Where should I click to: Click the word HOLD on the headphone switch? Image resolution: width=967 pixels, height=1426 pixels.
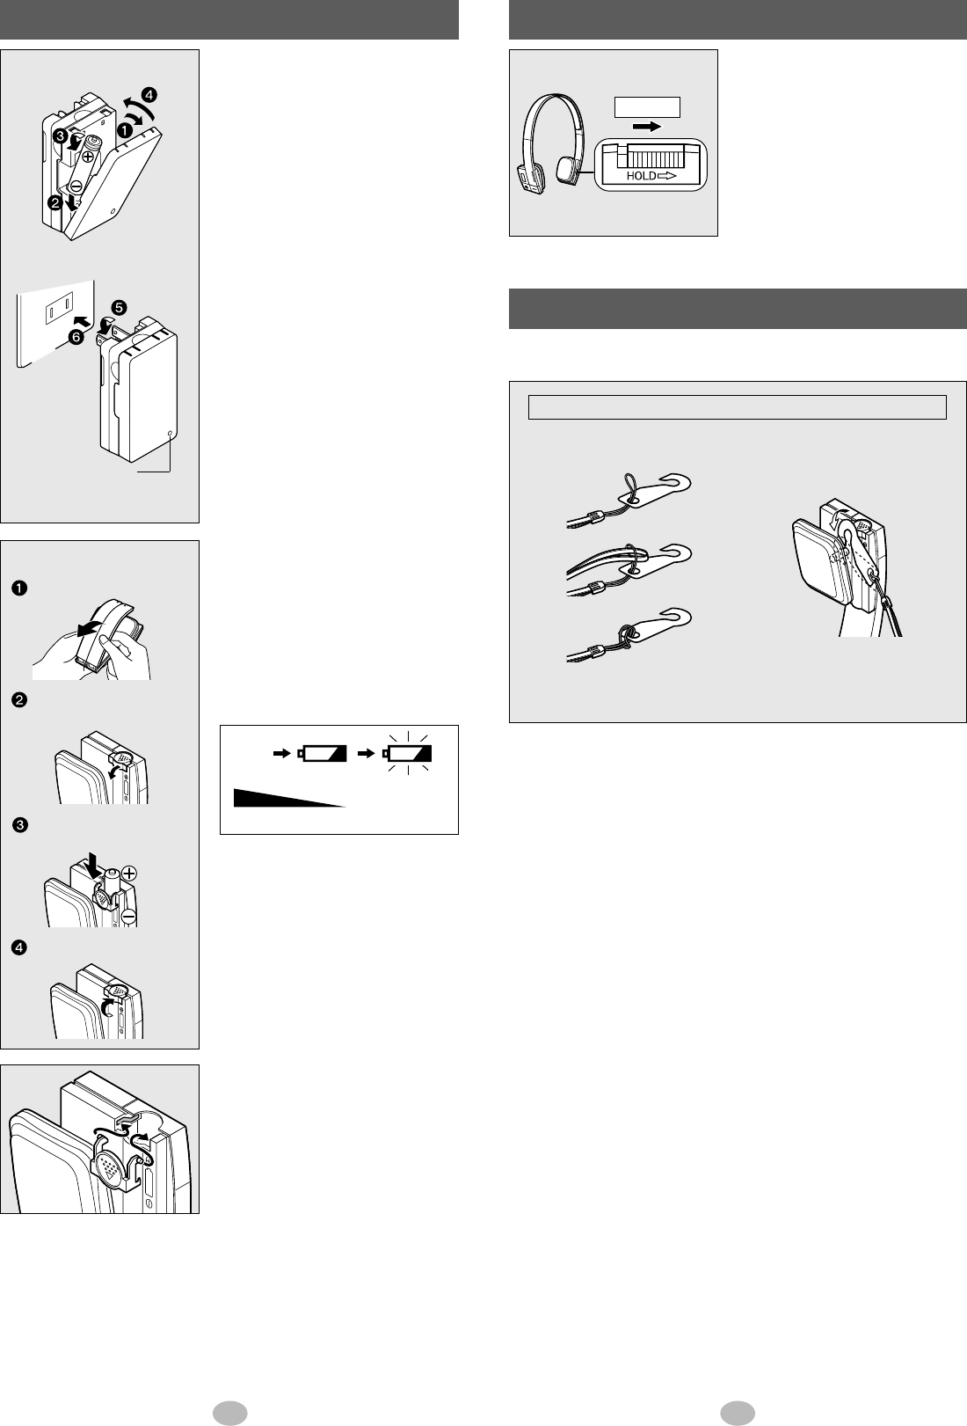coord(641,176)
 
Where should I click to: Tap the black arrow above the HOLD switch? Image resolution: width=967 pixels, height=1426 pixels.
coord(647,127)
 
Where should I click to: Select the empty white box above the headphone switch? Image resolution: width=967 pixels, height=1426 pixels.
coord(647,107)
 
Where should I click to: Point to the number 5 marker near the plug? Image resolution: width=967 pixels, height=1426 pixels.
coord(119,308)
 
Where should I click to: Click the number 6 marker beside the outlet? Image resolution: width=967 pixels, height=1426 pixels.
coord(76,337)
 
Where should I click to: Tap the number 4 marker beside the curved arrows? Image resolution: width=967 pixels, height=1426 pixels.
coord(149,95)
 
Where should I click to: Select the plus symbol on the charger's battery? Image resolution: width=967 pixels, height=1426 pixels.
coord(88,155)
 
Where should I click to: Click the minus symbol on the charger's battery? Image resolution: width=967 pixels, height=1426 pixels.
coord(75,186)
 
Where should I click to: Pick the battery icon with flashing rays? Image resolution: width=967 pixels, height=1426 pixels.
coord(407,753)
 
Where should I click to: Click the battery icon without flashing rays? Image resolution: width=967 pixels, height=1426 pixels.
coord(322,753)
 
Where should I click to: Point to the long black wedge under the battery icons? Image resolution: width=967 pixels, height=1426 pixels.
coord(289,798)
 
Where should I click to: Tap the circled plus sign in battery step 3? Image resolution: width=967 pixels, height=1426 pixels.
coord(129,873)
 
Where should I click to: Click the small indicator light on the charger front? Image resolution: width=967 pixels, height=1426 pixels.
coord(170,434)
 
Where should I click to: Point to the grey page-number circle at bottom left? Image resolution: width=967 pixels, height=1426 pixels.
coord(229,1413)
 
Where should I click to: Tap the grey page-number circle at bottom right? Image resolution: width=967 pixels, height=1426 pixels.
coord(738,1413)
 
